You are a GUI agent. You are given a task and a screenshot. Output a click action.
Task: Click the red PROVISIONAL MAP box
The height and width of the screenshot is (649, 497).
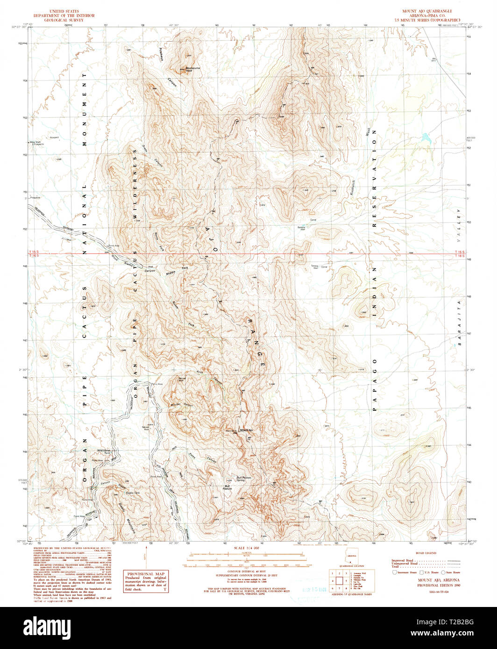[x=145, y=580]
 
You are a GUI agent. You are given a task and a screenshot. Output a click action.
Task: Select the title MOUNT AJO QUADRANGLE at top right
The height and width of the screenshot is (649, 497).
[x=427, y=11]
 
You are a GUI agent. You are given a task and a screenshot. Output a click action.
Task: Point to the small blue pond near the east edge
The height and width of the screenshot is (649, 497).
[x=425, y=137]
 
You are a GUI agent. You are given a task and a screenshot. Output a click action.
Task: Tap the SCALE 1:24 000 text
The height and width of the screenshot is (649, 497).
[x=239, y=548]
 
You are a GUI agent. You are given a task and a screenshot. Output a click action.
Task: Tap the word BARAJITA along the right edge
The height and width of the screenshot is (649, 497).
[x=459, y=323]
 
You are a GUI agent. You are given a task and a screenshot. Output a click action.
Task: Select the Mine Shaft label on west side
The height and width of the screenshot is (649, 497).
[x=36, y=142]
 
